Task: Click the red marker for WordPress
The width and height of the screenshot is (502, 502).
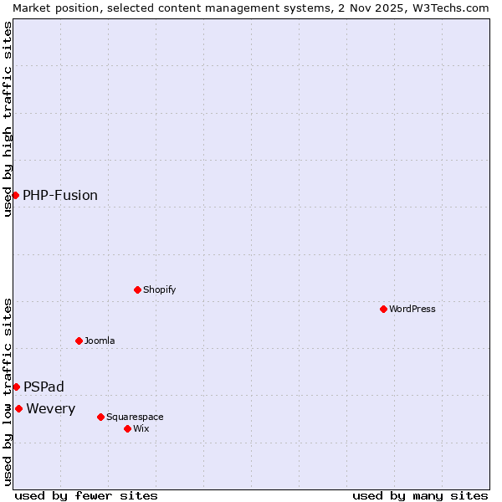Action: [383, 309]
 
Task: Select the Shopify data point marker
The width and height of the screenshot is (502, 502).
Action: [137, 289]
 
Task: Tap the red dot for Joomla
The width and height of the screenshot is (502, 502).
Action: [79, 341]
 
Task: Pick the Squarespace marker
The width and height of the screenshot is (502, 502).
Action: [100, 417]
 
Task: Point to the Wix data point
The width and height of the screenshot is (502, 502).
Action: [127, 428]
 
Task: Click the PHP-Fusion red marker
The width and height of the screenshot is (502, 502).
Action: [15, 195]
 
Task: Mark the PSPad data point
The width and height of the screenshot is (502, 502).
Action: [16, 387]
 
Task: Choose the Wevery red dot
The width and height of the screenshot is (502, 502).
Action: [18, 408]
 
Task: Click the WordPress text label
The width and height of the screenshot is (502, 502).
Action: [412, 309]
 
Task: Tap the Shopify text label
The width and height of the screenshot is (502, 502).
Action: [160, 289]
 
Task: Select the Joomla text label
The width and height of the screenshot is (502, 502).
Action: [100, 341]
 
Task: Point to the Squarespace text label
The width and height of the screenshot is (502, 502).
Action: [135, 417]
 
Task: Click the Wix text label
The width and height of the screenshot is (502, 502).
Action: [141, 428]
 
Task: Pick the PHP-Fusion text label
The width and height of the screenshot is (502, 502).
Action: [60, 195]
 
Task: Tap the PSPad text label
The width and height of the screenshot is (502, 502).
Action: [44, 387]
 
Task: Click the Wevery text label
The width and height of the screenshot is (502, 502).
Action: [51, 408]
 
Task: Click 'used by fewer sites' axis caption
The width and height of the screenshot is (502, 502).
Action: [86, 495]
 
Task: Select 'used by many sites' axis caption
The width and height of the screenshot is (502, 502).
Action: [420, 495]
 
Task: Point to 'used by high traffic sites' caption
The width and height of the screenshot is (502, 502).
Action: [8, 119]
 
